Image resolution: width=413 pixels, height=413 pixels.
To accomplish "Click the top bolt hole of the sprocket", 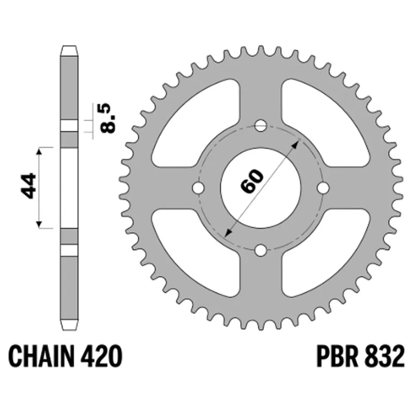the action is point(261,125).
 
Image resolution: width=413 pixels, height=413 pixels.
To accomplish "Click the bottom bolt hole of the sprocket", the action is point(261,250).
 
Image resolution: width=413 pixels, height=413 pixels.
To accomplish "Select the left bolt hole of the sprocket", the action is point(198,188).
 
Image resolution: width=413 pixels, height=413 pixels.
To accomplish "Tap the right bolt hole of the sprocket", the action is point(323,188).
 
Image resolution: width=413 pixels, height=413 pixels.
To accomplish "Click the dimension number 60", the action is point(252,181).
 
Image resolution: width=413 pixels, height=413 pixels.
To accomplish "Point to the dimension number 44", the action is point(28,185).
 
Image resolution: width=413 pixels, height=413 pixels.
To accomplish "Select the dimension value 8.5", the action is point(108,118).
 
